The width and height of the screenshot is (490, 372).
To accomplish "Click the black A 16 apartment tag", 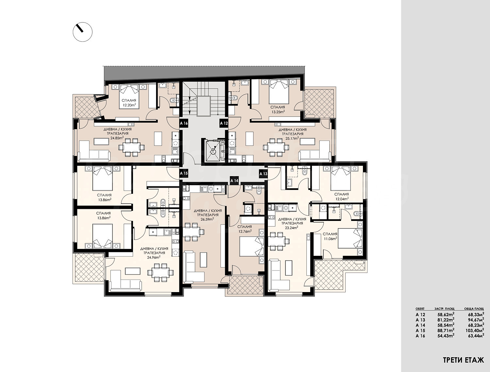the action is point(184,123).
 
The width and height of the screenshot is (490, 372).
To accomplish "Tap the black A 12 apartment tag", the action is point(224,123).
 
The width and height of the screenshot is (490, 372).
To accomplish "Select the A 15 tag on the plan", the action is point(184,173).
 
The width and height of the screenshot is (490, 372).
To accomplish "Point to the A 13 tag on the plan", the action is point(263,174).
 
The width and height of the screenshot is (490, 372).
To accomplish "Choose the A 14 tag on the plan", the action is point(235,181).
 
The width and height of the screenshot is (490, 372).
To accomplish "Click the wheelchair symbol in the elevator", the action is point(213,150).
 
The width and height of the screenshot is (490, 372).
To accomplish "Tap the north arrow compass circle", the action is point(83,32).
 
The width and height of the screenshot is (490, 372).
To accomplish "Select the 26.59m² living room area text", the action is point(206,219).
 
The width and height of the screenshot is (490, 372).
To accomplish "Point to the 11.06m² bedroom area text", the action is point(330,238).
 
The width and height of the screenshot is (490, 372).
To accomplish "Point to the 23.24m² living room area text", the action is point(292,228).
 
